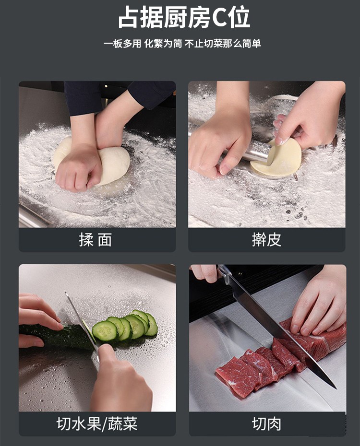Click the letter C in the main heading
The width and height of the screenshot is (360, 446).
pos(219,18)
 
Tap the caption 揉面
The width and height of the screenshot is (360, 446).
pos(96,240)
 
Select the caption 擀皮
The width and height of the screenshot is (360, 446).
pos(267,240)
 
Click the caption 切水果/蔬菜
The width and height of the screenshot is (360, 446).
pos(97,424)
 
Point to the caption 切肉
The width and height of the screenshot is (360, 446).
pos(267,424)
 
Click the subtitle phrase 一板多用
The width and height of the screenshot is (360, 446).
pos(122,44)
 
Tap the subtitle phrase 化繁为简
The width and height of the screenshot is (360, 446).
pos(163,44)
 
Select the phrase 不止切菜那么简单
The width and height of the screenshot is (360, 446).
pos(223,44)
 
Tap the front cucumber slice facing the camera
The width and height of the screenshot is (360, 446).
pos(105,331)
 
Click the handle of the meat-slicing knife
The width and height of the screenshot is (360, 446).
pos(224,274)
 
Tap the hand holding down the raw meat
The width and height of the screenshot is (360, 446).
pos(317,302)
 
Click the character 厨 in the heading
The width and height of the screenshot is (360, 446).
pos(166,18)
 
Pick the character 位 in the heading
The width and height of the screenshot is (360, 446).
pos(240,18)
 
